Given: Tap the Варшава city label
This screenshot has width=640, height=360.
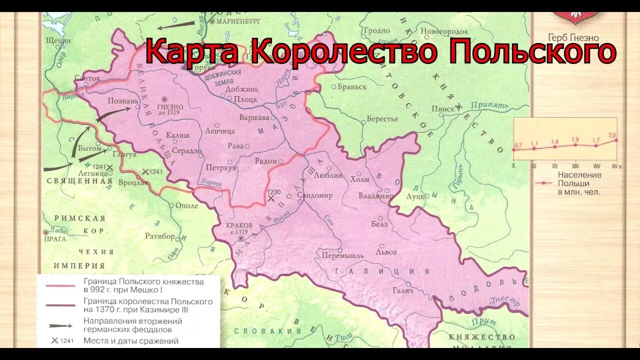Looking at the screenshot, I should (255, 117).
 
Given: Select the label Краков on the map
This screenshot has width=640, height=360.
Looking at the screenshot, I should (239, 225).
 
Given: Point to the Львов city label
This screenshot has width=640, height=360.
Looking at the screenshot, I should (388, 252).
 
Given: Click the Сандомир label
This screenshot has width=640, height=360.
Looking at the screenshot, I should (314, 195).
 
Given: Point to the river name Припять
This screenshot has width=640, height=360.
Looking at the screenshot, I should (489, 105).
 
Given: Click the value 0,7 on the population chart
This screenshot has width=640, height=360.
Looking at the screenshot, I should (517, 145).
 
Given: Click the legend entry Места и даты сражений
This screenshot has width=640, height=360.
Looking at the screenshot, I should (131, 341).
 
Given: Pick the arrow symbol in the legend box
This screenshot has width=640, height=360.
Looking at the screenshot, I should (60, 325).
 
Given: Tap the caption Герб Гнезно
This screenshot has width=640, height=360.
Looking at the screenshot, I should (573, 38).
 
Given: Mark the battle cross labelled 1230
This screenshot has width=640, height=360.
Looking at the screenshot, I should (271, 198).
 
